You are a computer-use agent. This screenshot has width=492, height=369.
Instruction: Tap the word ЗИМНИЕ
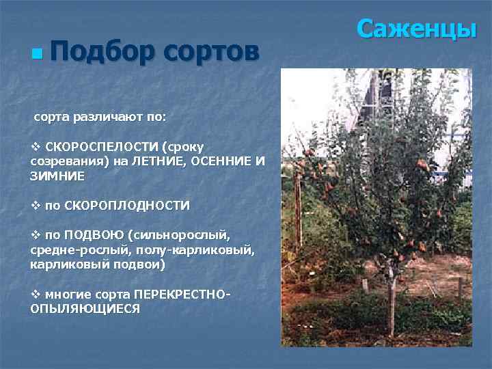coord(58,176)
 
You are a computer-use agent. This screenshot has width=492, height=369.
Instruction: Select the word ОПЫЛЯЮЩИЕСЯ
coord(85,309)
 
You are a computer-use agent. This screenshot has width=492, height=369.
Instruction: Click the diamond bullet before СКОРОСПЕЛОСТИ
coord(36,147)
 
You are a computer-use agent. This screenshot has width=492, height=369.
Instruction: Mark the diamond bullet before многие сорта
coord(36,294)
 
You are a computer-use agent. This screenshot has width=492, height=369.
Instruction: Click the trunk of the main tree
coord(391,301)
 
